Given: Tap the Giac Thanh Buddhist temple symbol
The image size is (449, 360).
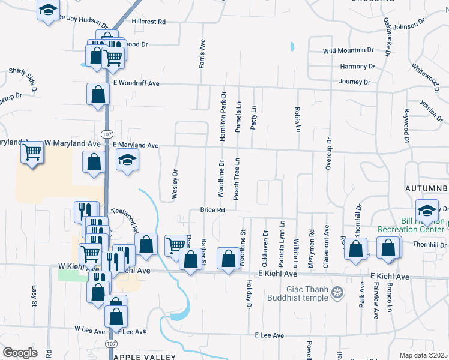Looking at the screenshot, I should [x=338, y=292].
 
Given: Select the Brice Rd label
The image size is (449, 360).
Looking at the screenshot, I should [x=212, y=210].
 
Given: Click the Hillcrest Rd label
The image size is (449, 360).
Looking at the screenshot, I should [x=148, y=22].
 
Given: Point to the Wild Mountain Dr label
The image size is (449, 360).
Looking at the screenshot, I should [x=348, y=50].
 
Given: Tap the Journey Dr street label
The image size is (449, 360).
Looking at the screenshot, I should [x=354, y=82].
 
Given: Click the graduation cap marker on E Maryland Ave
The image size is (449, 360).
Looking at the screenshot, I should [x=127, y=160].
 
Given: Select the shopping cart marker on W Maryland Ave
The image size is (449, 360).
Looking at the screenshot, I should [x=32, y=152].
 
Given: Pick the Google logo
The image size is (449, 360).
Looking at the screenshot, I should [x=20, y=353].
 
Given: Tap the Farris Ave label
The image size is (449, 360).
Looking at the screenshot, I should [x=203, y=54].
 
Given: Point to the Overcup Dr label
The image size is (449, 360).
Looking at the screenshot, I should [x=328, y=154].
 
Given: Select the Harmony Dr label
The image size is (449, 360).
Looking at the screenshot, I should [x=357, y=66].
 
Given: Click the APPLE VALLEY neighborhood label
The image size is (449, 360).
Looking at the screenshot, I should [x=144, y=356].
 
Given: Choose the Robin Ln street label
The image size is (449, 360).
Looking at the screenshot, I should [x=297, y=119].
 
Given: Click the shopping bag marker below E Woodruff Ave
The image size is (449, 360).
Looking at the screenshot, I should [x=97, y=94].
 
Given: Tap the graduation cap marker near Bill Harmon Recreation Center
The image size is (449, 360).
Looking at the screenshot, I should [x=427, y=211].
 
